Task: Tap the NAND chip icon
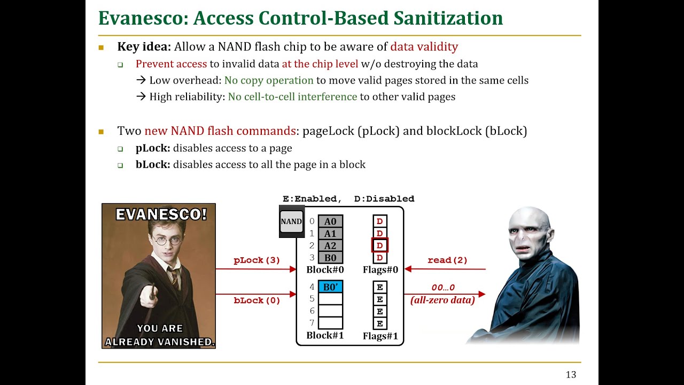point(291,221)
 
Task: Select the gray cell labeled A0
point(330,221)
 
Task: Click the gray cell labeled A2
point(330,246)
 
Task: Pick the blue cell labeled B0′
point(330,287)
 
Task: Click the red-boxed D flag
point(379,245)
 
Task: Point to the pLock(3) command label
point(256,260)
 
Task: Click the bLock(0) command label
point(256,301)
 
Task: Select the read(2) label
point(447,260)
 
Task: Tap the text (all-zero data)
point(442,301)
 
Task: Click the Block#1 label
point(325,336)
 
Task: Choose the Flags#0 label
point(380,270)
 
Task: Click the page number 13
point(571,375)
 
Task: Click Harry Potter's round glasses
point(166,241)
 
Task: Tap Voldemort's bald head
point(529,219)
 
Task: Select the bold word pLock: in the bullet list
point(153,148)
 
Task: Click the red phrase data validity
point(424,47)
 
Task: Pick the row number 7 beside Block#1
point(312,323)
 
